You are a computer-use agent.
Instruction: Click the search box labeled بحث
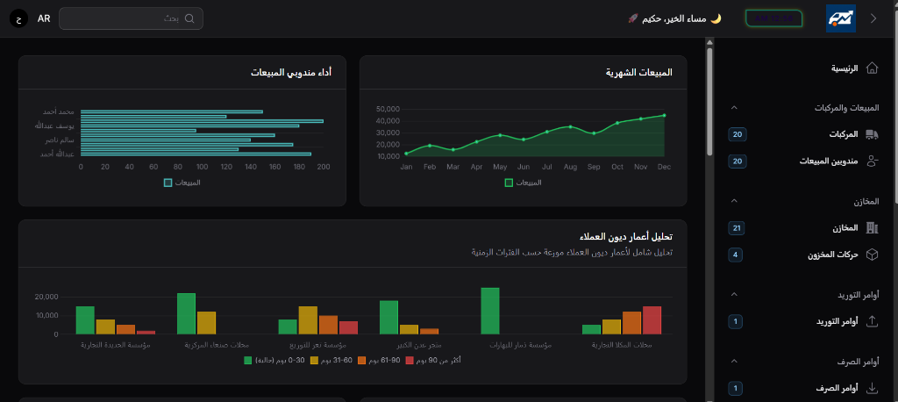coord(132,18)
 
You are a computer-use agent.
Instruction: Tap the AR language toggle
coord(44,18)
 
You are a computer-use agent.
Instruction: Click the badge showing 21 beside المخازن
coord(737,228)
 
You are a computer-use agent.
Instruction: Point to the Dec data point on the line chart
coord(664,115)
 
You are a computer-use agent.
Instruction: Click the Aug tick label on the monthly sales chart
coord(570,166)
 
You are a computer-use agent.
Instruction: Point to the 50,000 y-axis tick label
coord(388,109)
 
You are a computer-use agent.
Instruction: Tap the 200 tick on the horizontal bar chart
coord(324,166)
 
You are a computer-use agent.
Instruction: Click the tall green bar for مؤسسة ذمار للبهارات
coord(490,311)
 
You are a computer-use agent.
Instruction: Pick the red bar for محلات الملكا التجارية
coord(652,319)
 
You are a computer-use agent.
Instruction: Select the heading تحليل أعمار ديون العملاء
coord(626,237)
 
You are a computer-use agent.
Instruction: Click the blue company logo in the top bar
coord(840,18)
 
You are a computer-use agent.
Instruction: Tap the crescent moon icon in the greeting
coord(716,18)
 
